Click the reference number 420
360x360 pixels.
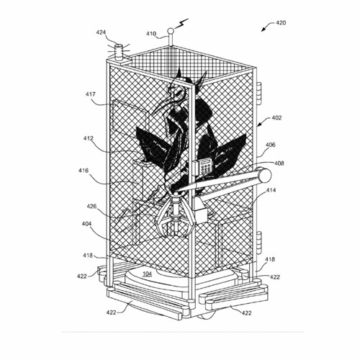[x=281, y=23]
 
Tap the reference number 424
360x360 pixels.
[x=101, y=32]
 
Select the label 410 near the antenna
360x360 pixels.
[x=151, y=34]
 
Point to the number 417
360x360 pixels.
[x=91, y=94]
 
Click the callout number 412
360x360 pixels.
[x=89, y=139]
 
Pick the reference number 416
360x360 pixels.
[x=84, y=171]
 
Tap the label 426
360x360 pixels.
[x=91, y=207]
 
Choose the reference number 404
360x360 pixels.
[x=86, y=224]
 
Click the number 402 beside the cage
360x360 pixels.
[x=276, y=118]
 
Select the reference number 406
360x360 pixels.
[x=271, y=145]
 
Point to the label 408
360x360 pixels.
[x=279, y=163]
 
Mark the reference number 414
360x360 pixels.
[x=271, y=190]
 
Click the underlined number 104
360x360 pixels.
[x=147, y=274]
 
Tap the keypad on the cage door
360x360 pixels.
[x=206, y=166]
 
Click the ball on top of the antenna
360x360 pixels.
[x=171, y=31]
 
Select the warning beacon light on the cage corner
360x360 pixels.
[x=119, y=51]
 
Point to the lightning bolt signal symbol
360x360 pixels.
[x=181, y=23]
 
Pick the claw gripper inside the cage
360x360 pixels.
[x=176, y=215]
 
